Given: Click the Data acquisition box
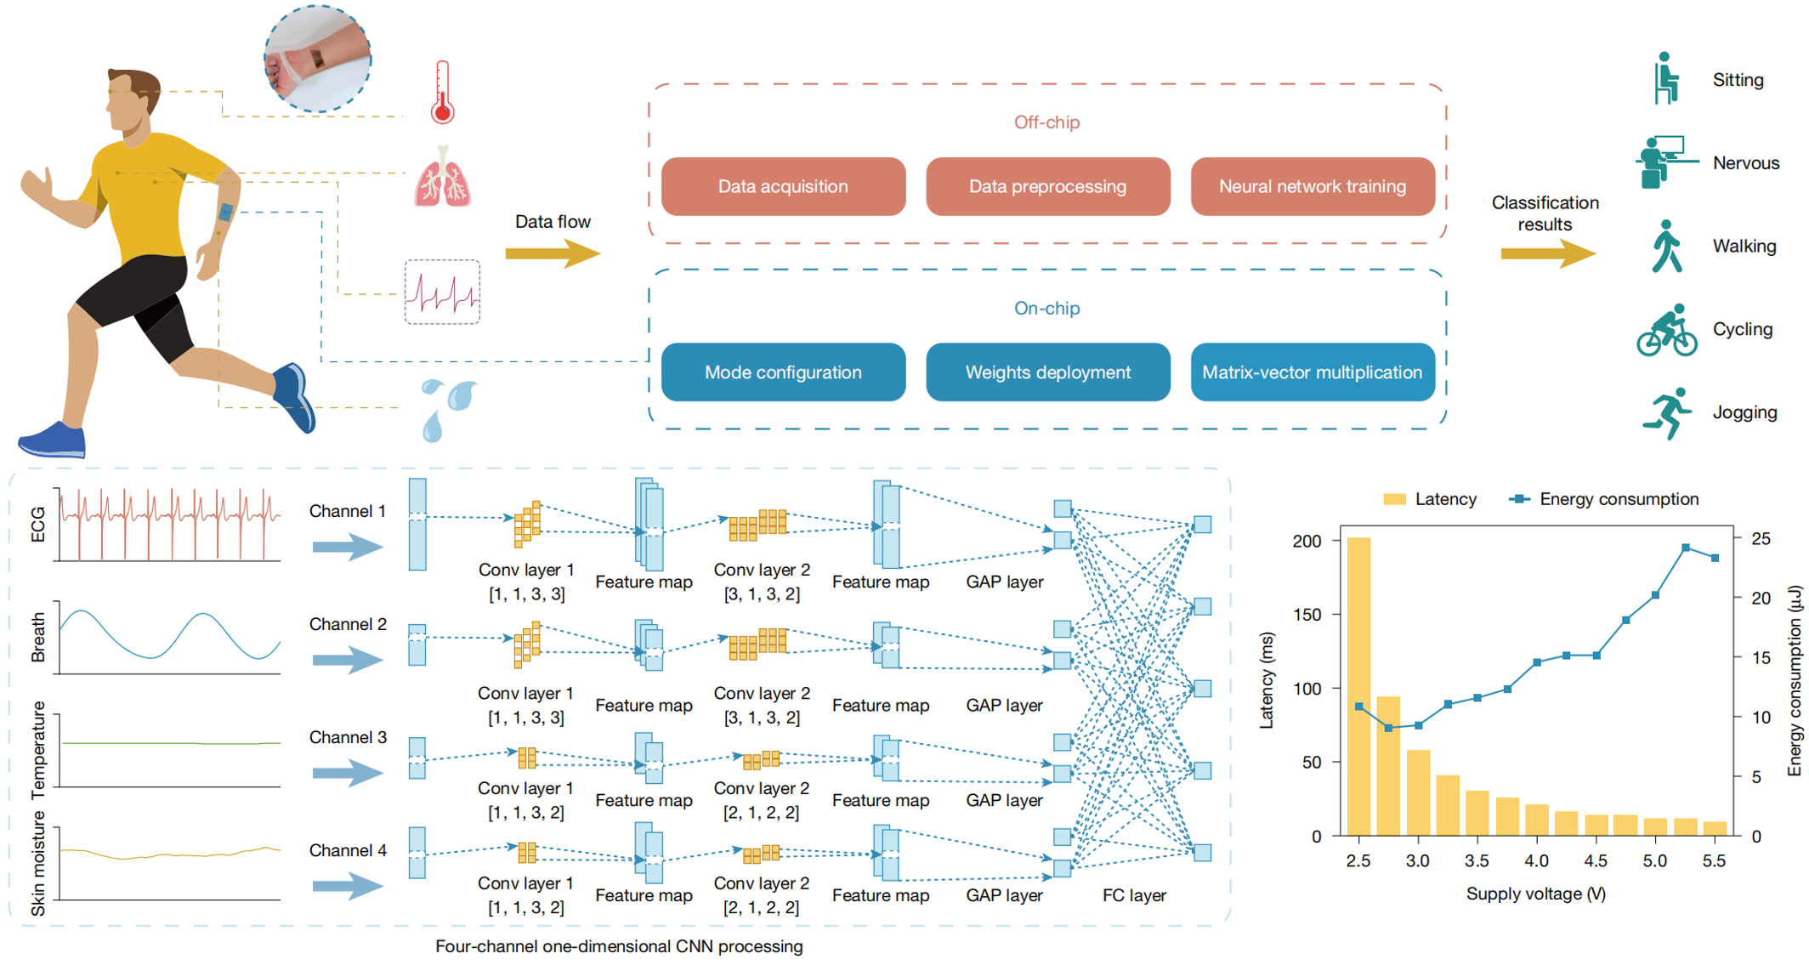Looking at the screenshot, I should tap(783, 186).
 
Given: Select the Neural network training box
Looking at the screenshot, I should tap(1312, 186).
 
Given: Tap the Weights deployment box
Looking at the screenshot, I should tap(1047, 372).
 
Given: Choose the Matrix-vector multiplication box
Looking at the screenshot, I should tap(1312, 372).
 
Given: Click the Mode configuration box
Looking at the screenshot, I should tap(783, 372).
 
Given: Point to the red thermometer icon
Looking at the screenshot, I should tap(442, 92).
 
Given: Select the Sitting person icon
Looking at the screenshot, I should tap(1665, 79).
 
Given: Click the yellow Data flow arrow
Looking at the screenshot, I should tap(553, 253).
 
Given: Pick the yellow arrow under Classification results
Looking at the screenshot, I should tap(1547, 253).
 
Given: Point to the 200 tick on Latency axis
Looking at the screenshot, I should tap(1307, 542).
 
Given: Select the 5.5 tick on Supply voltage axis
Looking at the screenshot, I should tap(1714, 860).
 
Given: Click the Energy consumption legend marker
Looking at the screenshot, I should tap(1519, 499).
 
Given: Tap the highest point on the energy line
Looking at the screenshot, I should tap(1686, 548).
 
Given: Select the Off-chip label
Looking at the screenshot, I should tap(1046, 122).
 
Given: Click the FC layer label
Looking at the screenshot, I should tap(1134, 895).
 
